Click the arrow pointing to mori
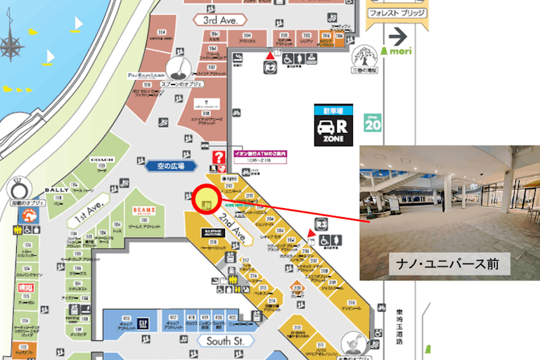coord(399,35)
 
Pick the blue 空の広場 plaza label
coord(170,166)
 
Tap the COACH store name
coord(102,160)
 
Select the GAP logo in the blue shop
coord(143,322)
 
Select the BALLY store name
coord(56,190)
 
